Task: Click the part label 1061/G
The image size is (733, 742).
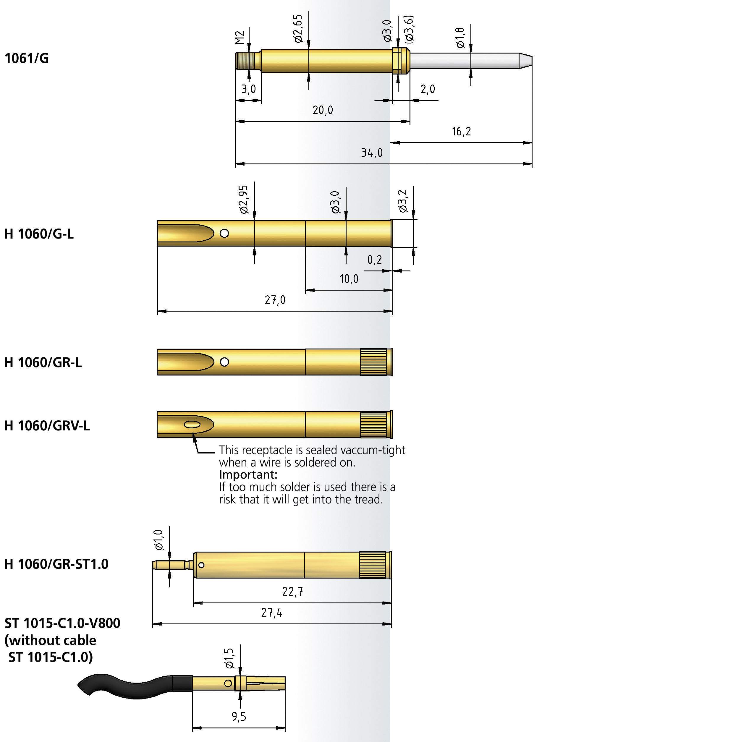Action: pyautogui.click(x=27, y=58)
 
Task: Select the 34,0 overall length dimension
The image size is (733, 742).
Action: pyautogui.click(x=371, y=153)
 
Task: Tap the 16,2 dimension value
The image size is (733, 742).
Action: pyautogui.click(x=461, y=132)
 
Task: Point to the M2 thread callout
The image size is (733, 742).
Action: pyautogui.click(x=240, y=38)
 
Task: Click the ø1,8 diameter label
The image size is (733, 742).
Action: pyautogui.click(x=460, y=38)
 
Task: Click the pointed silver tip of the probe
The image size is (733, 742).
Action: pyautogui.click(x=525, y=61)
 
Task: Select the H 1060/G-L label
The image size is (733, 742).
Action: pyautogui.click(x=39, y=234)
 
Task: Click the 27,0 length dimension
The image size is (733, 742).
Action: pyautogui.click(x=275, y=300)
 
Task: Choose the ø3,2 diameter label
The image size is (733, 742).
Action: pyautogui.click(x=403, y=201)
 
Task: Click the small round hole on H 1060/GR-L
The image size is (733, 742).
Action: pyautogui.click(x=224, y=362)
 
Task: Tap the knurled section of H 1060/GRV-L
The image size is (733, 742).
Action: pyautogui.click(x=373, y=425)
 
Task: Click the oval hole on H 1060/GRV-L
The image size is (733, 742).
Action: pyautogui.click(x=192, y=425)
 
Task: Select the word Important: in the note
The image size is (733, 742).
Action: pyautogui.click(x=248, y=475)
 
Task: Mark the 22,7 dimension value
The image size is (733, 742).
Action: pyautogui.click(x=292, y=592)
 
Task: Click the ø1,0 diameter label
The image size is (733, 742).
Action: pyautogui.click(x=158, y=540)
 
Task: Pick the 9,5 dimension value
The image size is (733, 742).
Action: pyautogui.click(x=239, y=717)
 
